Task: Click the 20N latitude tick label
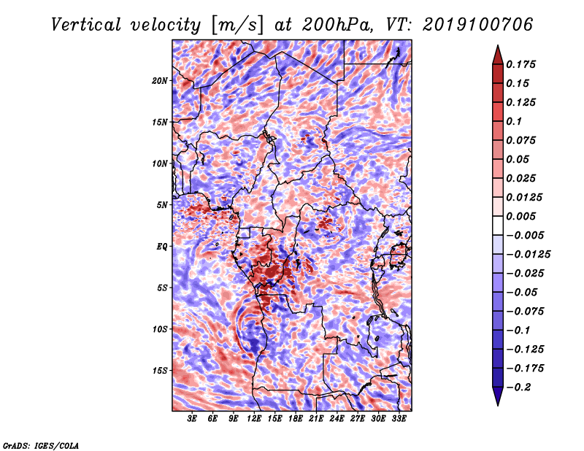160,81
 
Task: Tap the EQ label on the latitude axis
162,247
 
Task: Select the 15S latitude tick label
160,371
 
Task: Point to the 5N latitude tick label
162,205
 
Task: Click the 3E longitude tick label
192,419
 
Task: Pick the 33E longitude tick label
399,419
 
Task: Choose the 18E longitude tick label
296,419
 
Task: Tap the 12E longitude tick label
253,419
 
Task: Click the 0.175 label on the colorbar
520,64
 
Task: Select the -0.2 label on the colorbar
518,388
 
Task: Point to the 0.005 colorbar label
520,216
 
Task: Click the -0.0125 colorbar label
528,255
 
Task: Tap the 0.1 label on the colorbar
514,121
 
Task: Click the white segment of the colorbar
498,225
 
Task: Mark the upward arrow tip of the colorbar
498,45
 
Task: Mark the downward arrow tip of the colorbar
498,406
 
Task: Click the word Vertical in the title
86,25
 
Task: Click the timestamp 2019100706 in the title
478,25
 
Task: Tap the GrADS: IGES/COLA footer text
41,445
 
